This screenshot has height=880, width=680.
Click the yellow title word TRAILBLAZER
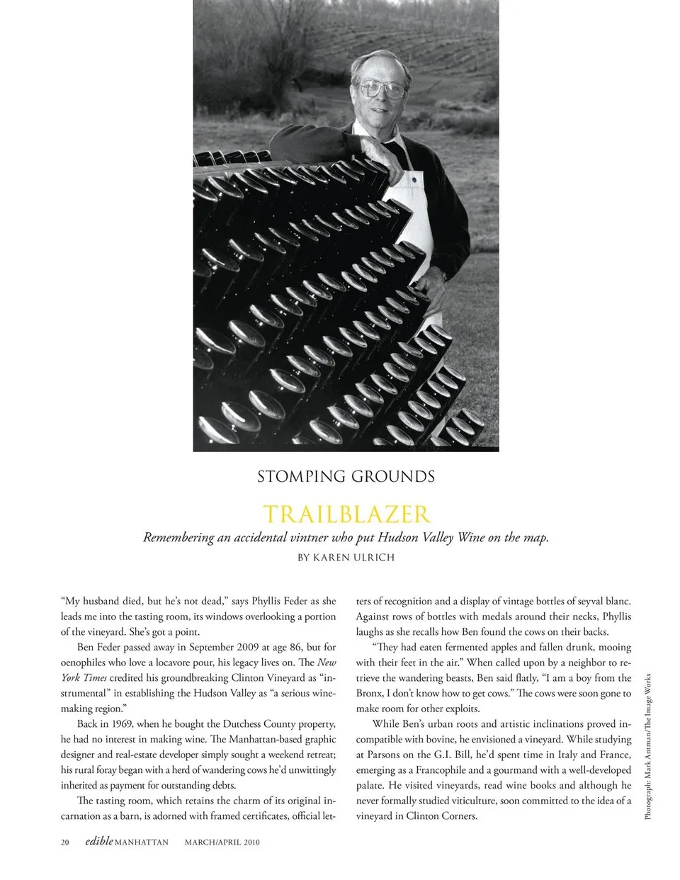click(x=346, y=514)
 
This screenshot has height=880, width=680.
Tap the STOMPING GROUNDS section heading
click(x=346, y=477)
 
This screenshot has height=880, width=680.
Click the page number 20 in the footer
click(x=65, y=842)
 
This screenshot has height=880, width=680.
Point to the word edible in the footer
click(x=98, y=842)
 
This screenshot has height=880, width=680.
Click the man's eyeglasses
click(x=382, y=89)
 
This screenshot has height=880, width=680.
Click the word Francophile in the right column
click(x=448, y=770)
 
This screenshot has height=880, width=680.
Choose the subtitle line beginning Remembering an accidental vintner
click(x=346, y=537)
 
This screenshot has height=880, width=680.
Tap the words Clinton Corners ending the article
click(x=438, y=816)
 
